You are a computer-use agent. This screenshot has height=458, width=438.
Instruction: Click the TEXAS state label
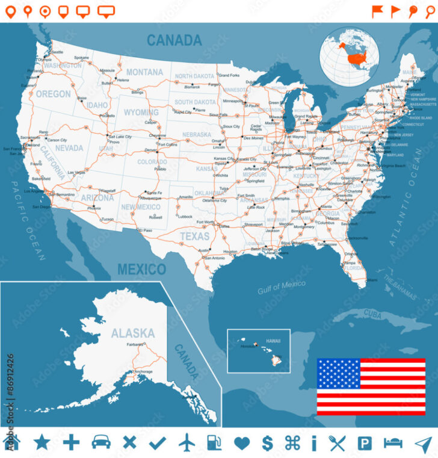(x=194, y=237)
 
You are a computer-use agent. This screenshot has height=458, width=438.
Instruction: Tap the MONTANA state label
(x=144, y=72)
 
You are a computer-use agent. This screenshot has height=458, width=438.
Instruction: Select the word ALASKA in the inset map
(x=132, y=333)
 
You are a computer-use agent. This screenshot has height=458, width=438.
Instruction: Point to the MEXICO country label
(x=141, y=269)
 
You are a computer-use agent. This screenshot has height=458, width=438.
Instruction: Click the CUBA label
(x=373, y=314)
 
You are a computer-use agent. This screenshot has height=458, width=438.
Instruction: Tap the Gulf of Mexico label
(x=282, y=288)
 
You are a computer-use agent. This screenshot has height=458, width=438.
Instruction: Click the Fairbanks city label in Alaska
(x=135, y=344)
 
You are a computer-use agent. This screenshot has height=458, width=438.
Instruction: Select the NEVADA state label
(x=69, y=148)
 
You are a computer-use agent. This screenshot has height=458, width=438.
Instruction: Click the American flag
(x=371, y=386)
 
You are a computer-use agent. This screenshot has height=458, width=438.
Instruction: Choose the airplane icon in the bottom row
(x=187, y=443)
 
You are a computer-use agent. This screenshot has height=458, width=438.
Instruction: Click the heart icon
(x=241, y=444)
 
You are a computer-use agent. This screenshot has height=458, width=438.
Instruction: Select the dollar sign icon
(x=267, y=444)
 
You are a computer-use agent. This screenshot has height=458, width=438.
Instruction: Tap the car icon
(x=101, y=443)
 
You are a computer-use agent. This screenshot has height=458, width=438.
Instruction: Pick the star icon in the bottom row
(x=42, y=443)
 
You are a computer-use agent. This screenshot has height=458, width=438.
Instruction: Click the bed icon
(x=393, y=444)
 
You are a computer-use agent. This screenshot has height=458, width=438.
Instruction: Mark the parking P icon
(x=365, y=444)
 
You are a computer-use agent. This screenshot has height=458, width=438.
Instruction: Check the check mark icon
(x=158, y=444)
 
